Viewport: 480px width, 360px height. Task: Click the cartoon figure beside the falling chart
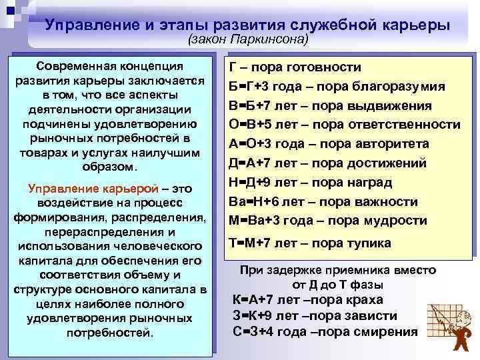(459, 334)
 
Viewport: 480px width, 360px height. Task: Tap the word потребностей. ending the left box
(111, 332)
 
